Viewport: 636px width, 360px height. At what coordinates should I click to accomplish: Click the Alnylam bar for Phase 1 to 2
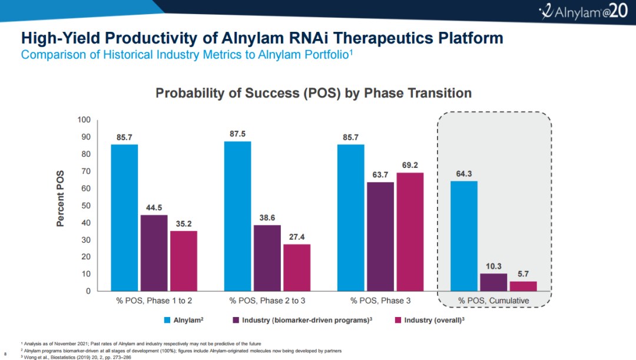pos(124,217)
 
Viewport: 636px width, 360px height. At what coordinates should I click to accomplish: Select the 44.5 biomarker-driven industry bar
pos(154,253)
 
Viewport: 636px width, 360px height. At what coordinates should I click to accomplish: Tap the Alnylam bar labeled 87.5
pos(237,216)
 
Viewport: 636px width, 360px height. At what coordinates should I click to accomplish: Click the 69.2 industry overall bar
pos(410,232)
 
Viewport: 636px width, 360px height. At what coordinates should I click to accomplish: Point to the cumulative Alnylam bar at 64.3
pos(463,236)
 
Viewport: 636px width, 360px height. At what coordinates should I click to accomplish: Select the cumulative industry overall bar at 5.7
pos(523,286)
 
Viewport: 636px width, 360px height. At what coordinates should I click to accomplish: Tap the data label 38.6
pos(267,218)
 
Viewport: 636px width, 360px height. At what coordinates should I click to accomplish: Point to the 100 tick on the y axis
pos(84,120)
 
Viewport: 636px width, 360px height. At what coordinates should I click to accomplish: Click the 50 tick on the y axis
pos(85,206)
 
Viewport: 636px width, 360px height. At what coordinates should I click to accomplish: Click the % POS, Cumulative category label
pos(493,300)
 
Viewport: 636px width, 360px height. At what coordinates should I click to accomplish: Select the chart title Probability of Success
pos(313,93)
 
